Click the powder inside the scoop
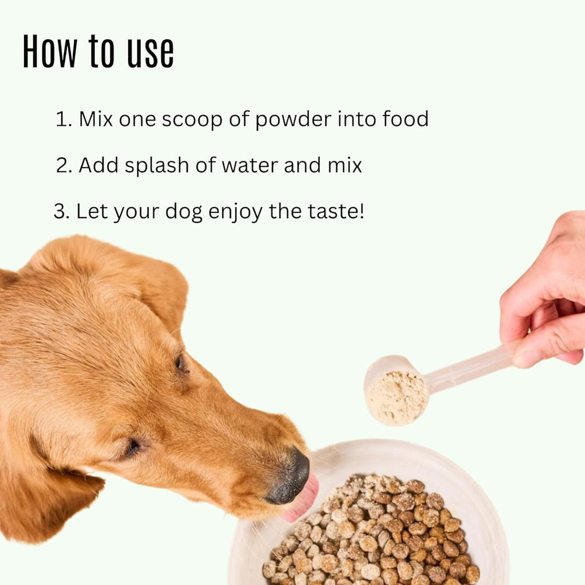click(x=397, y=398)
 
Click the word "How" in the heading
click(x=49, y=51)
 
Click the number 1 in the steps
click(x=61, y=119)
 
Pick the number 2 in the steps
click(x=63, y=166)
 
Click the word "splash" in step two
click(x=149, y=166)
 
